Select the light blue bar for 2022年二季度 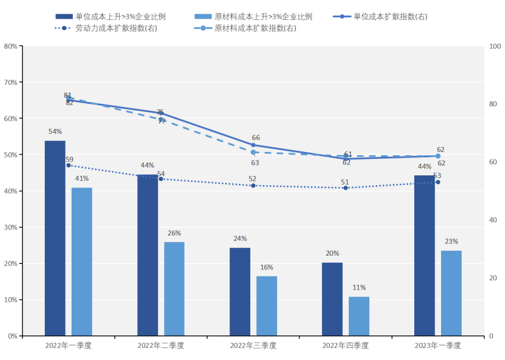[174, 289]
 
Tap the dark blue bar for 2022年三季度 [240, 292]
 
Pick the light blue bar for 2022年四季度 [359, 316]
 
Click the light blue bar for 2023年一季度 [451, 293]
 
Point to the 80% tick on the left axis [10, 46]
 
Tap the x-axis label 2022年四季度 [345, 346]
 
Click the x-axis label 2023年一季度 [438, 346]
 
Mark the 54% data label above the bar [55, 132]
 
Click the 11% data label [359, 288]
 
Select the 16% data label [267, 268]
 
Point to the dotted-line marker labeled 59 [69, 165]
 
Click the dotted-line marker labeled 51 [345, 188]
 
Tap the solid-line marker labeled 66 [253, 145]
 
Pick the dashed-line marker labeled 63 [253, 152]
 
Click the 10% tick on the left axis [10, 300]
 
